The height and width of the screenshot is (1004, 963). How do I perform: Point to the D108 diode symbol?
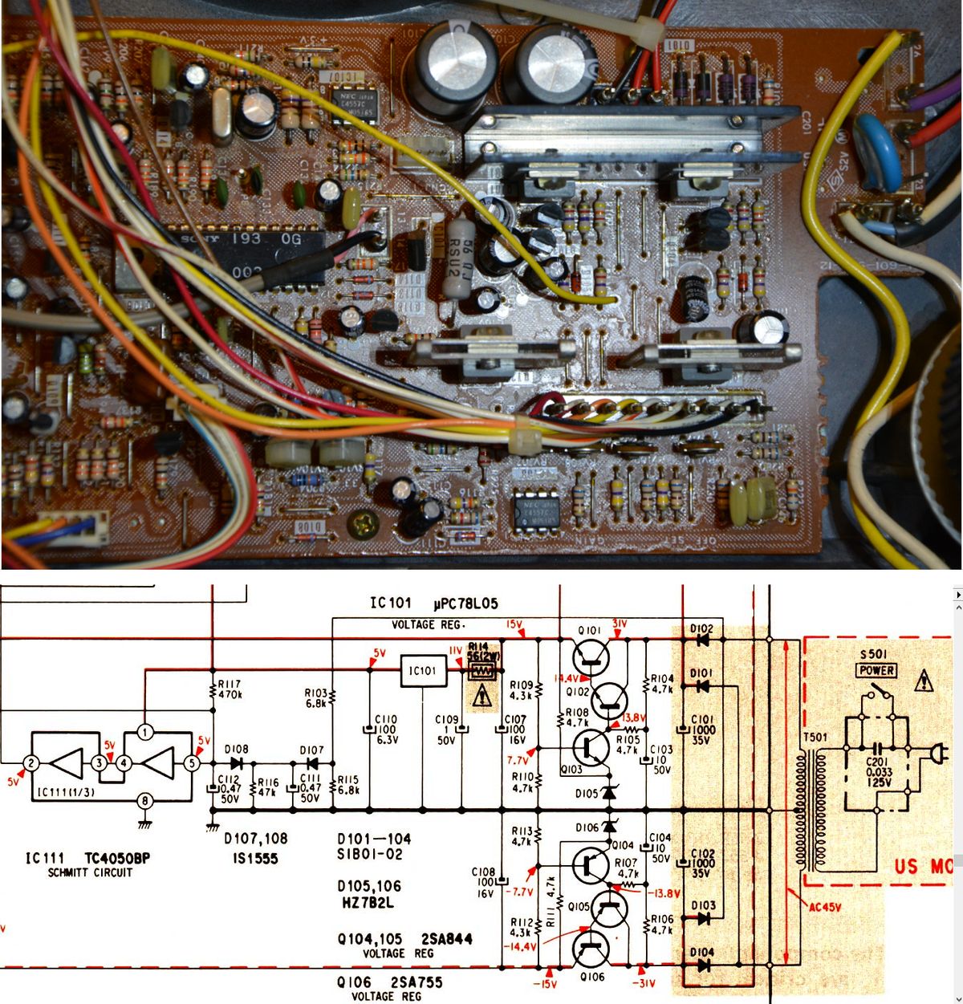[236, 763]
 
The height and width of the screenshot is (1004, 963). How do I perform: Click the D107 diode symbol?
[313, 763]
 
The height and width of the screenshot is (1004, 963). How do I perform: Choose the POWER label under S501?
[876, 670]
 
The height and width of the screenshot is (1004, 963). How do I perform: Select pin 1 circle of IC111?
[144, 732]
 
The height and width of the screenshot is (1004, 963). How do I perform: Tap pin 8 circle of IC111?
[144, 800]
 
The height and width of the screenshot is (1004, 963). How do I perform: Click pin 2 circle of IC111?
[30, 763]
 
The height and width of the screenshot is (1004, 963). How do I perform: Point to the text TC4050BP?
[117, 858]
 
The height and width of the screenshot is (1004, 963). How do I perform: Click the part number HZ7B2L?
[370, 904]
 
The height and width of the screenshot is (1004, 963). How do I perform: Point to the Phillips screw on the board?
[360, 527]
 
